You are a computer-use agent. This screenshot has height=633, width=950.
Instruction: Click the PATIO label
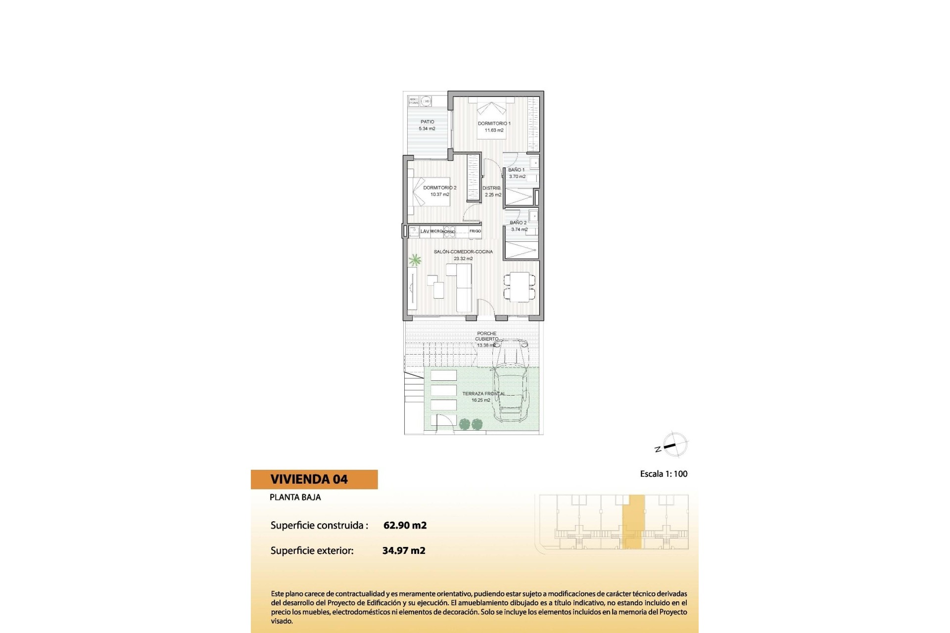[x=427, y=122]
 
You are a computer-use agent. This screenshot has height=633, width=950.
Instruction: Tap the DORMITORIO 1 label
[x=494, y=124]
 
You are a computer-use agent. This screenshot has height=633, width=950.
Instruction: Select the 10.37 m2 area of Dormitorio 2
[x=439, y=195]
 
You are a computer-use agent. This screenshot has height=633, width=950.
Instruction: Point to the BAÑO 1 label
[x=516, y=170]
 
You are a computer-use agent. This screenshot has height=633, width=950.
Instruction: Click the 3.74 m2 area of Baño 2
[x=519, y=229]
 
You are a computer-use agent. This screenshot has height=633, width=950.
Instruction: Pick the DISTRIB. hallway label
[x=491, y=188]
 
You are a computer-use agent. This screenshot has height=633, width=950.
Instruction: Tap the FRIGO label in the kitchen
[x=475, y=231]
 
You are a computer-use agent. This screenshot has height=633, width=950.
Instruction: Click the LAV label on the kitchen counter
[x=425, y=231]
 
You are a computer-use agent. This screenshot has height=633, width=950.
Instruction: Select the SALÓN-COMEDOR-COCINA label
[x=463, y=252]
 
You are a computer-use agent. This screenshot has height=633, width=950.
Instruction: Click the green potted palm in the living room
[x=415, y=260]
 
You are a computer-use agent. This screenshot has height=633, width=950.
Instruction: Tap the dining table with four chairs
[x=519, y=287]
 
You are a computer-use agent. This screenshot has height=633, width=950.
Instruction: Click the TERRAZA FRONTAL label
[x=483, y=394]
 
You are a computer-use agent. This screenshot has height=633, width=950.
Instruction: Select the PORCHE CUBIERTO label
[x=486, y=336]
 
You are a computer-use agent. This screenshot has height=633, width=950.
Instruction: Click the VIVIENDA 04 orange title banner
[x=314, y=479]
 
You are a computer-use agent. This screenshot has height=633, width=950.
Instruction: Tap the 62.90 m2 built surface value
[x=405, y=525]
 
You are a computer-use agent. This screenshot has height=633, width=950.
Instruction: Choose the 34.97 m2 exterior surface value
[x=404, y=550]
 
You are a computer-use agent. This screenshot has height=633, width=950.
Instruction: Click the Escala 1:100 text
[x=664, y=474]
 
